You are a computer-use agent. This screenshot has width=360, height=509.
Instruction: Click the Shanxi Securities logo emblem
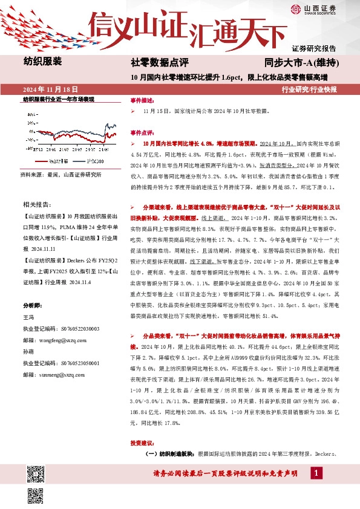pos(296,8)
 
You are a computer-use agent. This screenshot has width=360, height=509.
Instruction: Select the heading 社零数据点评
pos(160,63)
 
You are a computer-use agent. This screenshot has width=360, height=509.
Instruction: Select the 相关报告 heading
pos(35,205)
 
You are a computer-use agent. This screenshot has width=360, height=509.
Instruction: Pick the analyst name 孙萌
pos(28,352)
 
